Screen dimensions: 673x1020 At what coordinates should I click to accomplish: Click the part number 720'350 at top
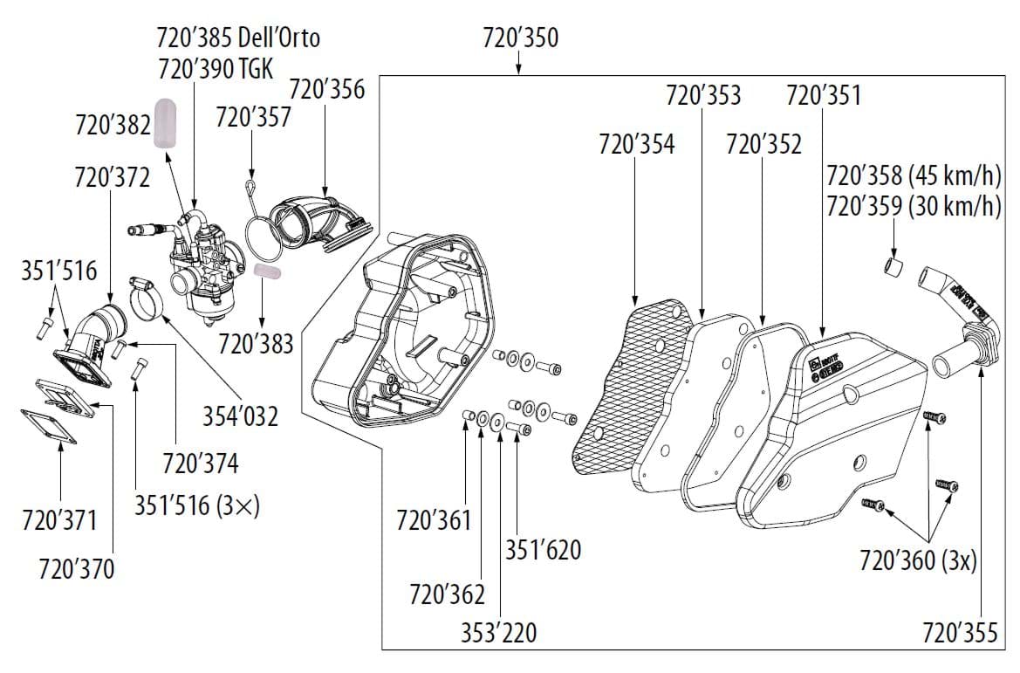pyautogui.click(x=520, y=39)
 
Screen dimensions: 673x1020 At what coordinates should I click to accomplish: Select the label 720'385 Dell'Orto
pyautogui.click(x=238, y=38)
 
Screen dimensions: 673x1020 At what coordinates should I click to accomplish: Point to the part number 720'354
pyautogui.click(x=636, y=144)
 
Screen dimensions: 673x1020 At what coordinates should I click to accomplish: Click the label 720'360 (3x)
pyautogui.click(x=918, y=560)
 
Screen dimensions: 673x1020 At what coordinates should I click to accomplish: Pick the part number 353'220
pyautogui.click(x=498, y=632)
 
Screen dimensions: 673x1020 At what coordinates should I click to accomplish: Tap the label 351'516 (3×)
pyautogui.click(x=198, y=506)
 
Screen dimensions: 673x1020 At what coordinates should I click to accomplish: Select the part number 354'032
pyautogui.click(x=240, y=416)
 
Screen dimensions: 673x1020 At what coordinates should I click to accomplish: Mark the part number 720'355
pyautogui.click(x=960, y=632)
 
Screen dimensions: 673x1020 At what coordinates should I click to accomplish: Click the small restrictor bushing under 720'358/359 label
pyautogui.click(x=890, y=264)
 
